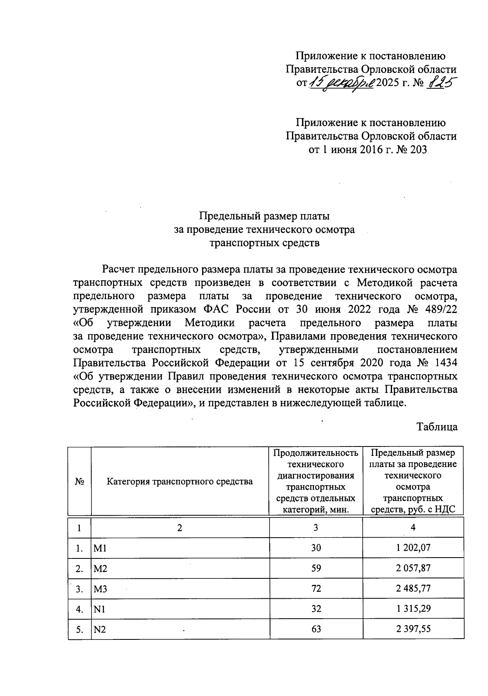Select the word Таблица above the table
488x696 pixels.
pyautogui.click(x=437, y=427)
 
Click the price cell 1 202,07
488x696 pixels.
pyautogui.click(x=413, y=548)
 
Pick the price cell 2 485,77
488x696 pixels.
pyautogui.click(x=413, y=589)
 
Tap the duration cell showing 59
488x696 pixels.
pyautogui.click(x=316, y=568)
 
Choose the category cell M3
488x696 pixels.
pyautogui.click(x=100, y=589)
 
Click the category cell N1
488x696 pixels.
pyautogui.click(x=100, y=609)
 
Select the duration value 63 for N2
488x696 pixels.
pyautogui.click(x=316, y=629)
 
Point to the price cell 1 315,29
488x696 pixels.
pyautogui.click(x=413, y=609)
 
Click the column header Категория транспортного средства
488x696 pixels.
pyautogui.click(x=180, y=482)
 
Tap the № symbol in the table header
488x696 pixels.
pyautogui.click(x=79, y=482)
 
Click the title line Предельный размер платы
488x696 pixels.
pyautogui.click(x=264, y=216)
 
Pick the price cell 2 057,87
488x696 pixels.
pyautogui.click(x=413, y=568)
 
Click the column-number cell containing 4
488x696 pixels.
pyautogui.click(x=413, y=527)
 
